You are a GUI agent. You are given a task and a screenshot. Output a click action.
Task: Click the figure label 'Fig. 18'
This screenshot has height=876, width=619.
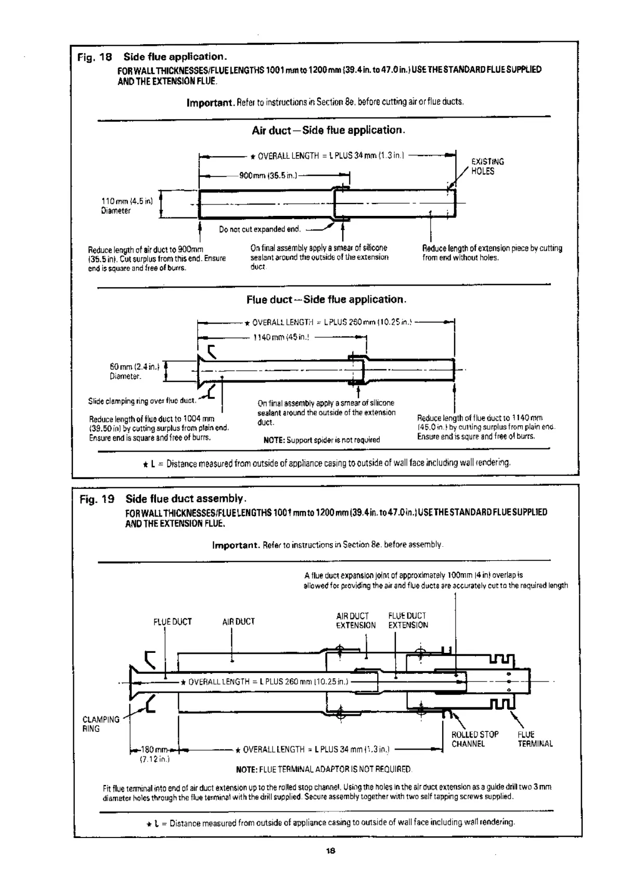[x=91, y=57]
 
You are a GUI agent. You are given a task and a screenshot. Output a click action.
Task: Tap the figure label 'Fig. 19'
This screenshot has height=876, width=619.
[x=97, y=499]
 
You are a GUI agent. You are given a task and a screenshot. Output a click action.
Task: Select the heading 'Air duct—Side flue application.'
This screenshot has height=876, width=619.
[x=328, y=130]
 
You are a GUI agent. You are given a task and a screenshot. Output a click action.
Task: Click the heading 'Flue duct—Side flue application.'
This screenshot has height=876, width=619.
[x=326, y=300]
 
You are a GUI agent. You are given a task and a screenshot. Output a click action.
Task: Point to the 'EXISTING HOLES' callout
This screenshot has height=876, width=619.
[x=487, y=166]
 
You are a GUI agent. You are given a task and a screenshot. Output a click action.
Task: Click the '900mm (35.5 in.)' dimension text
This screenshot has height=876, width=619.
[x=268, y=176]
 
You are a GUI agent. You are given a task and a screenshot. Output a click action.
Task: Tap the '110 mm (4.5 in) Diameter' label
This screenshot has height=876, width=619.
[x=126, y=205]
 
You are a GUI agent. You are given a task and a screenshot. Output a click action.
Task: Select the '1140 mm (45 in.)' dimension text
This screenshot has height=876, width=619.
[x=281, y=337]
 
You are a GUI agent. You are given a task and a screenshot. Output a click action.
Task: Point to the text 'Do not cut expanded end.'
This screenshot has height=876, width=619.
[x=260, y=229]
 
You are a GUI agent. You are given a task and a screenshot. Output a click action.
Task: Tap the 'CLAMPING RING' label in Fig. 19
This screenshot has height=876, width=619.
[x=100, y=724]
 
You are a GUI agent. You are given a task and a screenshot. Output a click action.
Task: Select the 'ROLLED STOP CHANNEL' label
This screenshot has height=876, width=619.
[x=474, y=739]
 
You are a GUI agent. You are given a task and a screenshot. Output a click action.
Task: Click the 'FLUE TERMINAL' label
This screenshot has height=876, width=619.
[x=534, y=739]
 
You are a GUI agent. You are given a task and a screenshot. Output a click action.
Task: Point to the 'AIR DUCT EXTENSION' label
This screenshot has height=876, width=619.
[x=355, y=621]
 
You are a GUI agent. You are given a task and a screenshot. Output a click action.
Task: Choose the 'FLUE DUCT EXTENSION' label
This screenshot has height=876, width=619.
[x=408, y=621]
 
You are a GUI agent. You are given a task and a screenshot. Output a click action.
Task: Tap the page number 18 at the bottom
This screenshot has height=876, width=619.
[x=329, y=851]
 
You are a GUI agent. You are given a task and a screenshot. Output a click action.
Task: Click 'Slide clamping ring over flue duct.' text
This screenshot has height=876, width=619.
[x=142, y=401]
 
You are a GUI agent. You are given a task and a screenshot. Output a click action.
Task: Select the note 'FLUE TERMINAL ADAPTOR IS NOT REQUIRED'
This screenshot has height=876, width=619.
[x=324, y=769]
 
